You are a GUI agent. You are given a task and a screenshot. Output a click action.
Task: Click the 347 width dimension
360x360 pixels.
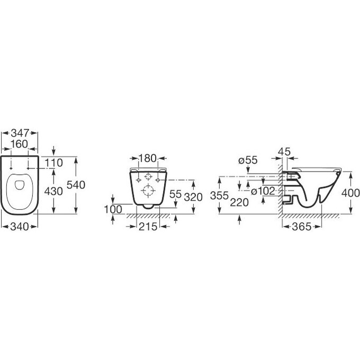coord(20,133)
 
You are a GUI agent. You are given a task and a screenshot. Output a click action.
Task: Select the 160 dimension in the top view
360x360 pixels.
coord(19,144)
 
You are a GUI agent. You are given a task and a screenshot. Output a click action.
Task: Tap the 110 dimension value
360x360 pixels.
coord(53,163)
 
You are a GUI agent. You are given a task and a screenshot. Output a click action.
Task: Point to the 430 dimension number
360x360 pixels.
coord(53,191)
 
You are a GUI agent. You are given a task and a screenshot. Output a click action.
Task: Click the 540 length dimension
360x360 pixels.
coord(76,185)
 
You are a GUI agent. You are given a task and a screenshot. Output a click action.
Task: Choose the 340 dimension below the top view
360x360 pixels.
coord(20,227)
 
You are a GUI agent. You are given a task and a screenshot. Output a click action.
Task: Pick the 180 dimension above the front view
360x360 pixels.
coord(148,158)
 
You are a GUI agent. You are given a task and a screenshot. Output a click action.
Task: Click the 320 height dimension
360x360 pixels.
coord(194,197)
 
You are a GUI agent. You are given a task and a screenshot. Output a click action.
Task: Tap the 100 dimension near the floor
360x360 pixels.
coord(113,210)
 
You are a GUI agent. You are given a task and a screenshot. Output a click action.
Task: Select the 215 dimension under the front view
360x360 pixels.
coord(148,227)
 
